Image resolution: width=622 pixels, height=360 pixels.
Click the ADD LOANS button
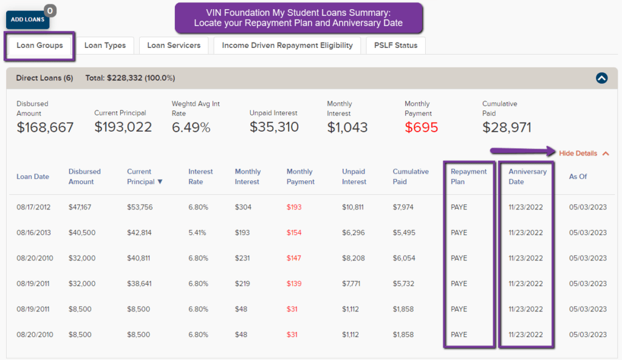point(27,19)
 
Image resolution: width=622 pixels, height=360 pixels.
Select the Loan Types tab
point(105,46)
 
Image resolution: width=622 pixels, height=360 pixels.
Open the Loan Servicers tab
point(174,46)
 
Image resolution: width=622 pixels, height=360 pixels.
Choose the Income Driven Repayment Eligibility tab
point(287,46)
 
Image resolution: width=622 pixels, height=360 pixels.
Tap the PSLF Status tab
point(395,46)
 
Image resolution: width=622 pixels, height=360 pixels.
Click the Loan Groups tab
point(39,46)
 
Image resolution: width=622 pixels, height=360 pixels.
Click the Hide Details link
point(578,154)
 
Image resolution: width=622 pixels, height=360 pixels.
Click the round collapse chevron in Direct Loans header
point(601,78)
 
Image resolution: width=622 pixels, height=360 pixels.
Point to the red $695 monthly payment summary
point(422,127)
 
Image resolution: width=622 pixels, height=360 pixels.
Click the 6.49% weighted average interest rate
point(191,127)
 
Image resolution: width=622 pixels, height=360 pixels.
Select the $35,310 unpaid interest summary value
point(274,127)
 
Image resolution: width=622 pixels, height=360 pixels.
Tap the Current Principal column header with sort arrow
point(145,177)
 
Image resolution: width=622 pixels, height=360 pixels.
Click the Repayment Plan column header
point(468,177)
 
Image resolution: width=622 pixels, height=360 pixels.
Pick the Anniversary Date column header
point(527,177)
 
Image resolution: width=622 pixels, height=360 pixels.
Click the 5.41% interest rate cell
point(198,233)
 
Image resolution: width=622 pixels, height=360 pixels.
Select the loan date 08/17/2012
point(33,207)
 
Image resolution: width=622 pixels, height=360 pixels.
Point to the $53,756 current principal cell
point(140,207)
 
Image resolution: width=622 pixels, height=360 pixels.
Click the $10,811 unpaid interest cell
point(353,207)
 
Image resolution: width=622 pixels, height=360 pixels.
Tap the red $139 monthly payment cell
point(295,284)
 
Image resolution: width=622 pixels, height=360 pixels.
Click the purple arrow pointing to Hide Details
point(522,151)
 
